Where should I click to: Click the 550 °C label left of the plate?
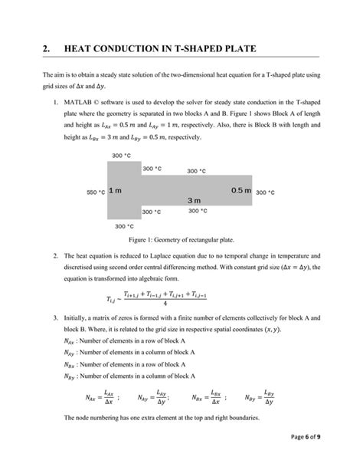[x=96, y=192]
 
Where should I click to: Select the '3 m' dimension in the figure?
[x=195, y=200]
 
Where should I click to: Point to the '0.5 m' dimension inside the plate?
[x=241, y=190]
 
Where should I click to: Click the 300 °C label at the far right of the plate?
[x=265, y=192]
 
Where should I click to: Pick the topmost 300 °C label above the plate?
[x=121, y=156]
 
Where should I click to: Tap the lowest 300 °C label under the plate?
[x=124, y=226]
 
